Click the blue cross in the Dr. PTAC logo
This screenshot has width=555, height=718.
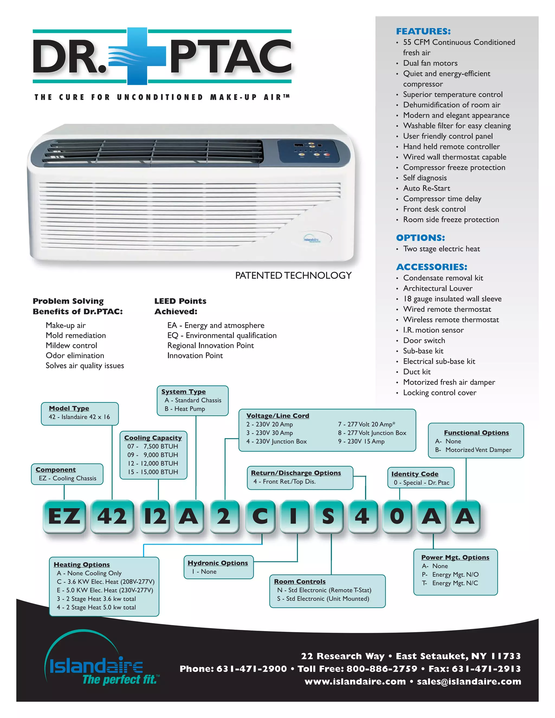click(137, 56)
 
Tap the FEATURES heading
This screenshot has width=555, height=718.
click(423, 31)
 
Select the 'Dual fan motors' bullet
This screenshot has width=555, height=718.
click(430, 63)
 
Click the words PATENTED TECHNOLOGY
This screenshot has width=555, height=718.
click(293, 276)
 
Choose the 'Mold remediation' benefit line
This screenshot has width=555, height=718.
click(76, 335)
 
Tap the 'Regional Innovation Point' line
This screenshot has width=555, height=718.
click(210, 345)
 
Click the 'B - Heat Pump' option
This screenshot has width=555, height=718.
click(185, 409)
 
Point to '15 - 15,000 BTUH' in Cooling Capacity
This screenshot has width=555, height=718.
click(153, 472)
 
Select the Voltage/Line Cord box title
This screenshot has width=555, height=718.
click(278, 416)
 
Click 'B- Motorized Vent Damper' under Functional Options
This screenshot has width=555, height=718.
click(473, 450)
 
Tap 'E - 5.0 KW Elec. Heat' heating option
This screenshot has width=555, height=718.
click(105, 590)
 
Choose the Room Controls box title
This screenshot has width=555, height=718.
click(300, 581)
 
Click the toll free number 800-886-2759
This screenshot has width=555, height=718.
click(381, 669)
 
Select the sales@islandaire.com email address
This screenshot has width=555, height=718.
click(469, 681)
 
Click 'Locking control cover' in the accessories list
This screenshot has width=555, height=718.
click(440, 393)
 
